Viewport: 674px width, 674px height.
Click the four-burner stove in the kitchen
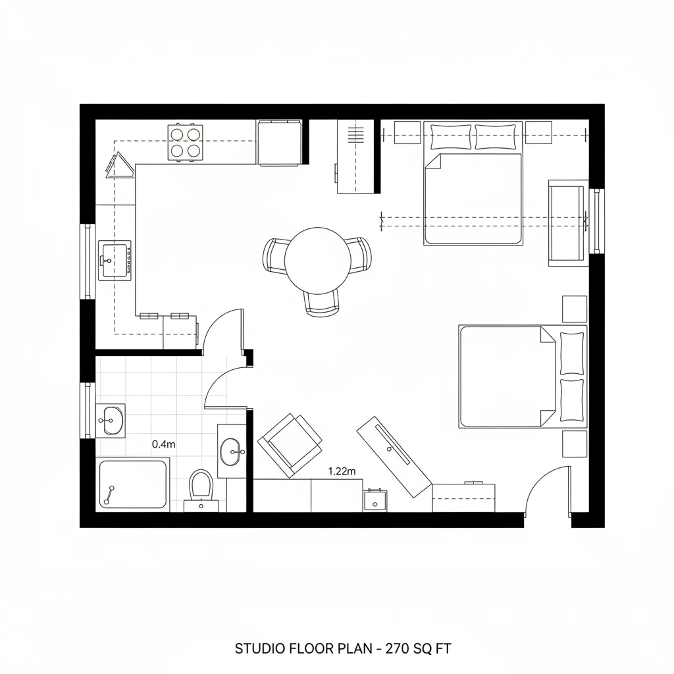click(185, 142)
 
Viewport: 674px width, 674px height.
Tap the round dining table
click(318, 261)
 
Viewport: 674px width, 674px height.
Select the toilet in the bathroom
click(200, 486)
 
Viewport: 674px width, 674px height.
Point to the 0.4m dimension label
click(164, 444)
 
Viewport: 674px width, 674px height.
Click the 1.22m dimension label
click(342, 471)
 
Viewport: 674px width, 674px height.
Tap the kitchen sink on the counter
click(115, 261)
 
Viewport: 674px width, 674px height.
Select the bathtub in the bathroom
click(133, 485)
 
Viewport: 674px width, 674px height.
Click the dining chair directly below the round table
click(323, 303)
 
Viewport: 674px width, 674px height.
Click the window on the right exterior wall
click(597, 221)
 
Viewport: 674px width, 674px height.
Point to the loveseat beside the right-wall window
click(567, 223)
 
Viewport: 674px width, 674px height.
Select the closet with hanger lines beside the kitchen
click(356, 156)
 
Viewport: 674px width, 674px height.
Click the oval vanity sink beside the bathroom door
click(232, 451)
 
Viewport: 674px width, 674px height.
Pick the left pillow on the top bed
click(450, 137)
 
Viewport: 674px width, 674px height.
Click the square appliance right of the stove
click(279, 142)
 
